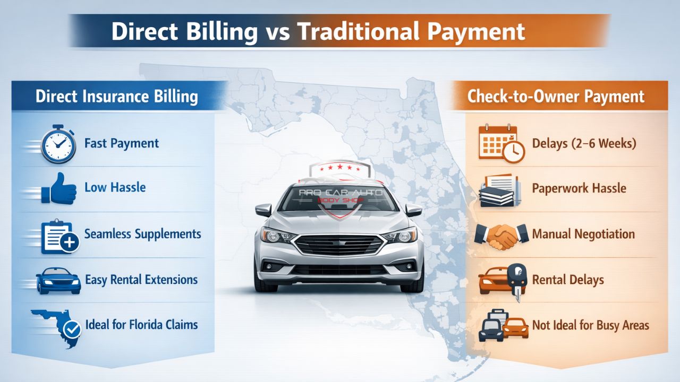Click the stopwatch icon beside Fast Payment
(x=59, y=143)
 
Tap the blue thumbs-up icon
(x=60, y=188)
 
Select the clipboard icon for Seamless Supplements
(x=60, y=235)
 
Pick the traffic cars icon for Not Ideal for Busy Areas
(x=503, y=325)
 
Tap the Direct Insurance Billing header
(x=117, y=97)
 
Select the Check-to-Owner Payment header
(x=556, y=97)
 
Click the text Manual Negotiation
(x=583, y=234)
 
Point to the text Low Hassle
(x=115, y=187)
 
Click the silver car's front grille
(x=339, y=245)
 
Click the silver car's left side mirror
(x=263, y=211)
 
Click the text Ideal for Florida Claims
(x=141, y=324)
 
